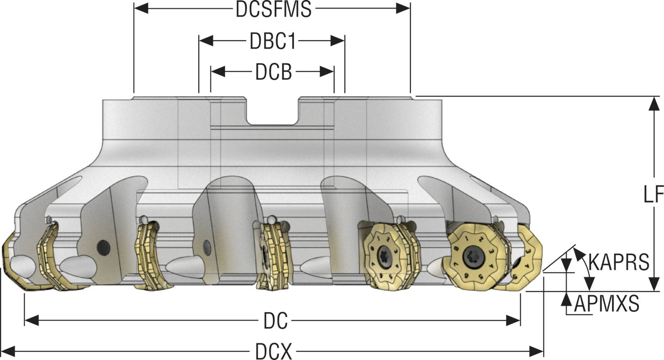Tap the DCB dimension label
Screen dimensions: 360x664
(x=273, y=72)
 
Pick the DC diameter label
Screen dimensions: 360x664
(x=275, y=321)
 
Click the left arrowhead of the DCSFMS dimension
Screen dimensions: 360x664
(x=141, y=8)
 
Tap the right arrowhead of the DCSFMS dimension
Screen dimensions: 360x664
(x=403, y=8)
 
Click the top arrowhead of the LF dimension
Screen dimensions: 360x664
(x=654, y=104)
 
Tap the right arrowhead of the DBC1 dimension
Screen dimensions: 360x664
(x=338, y=41)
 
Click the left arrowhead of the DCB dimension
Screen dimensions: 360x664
(x=217, y=72)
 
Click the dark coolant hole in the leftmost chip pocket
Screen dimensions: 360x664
(x=102, y=247)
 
